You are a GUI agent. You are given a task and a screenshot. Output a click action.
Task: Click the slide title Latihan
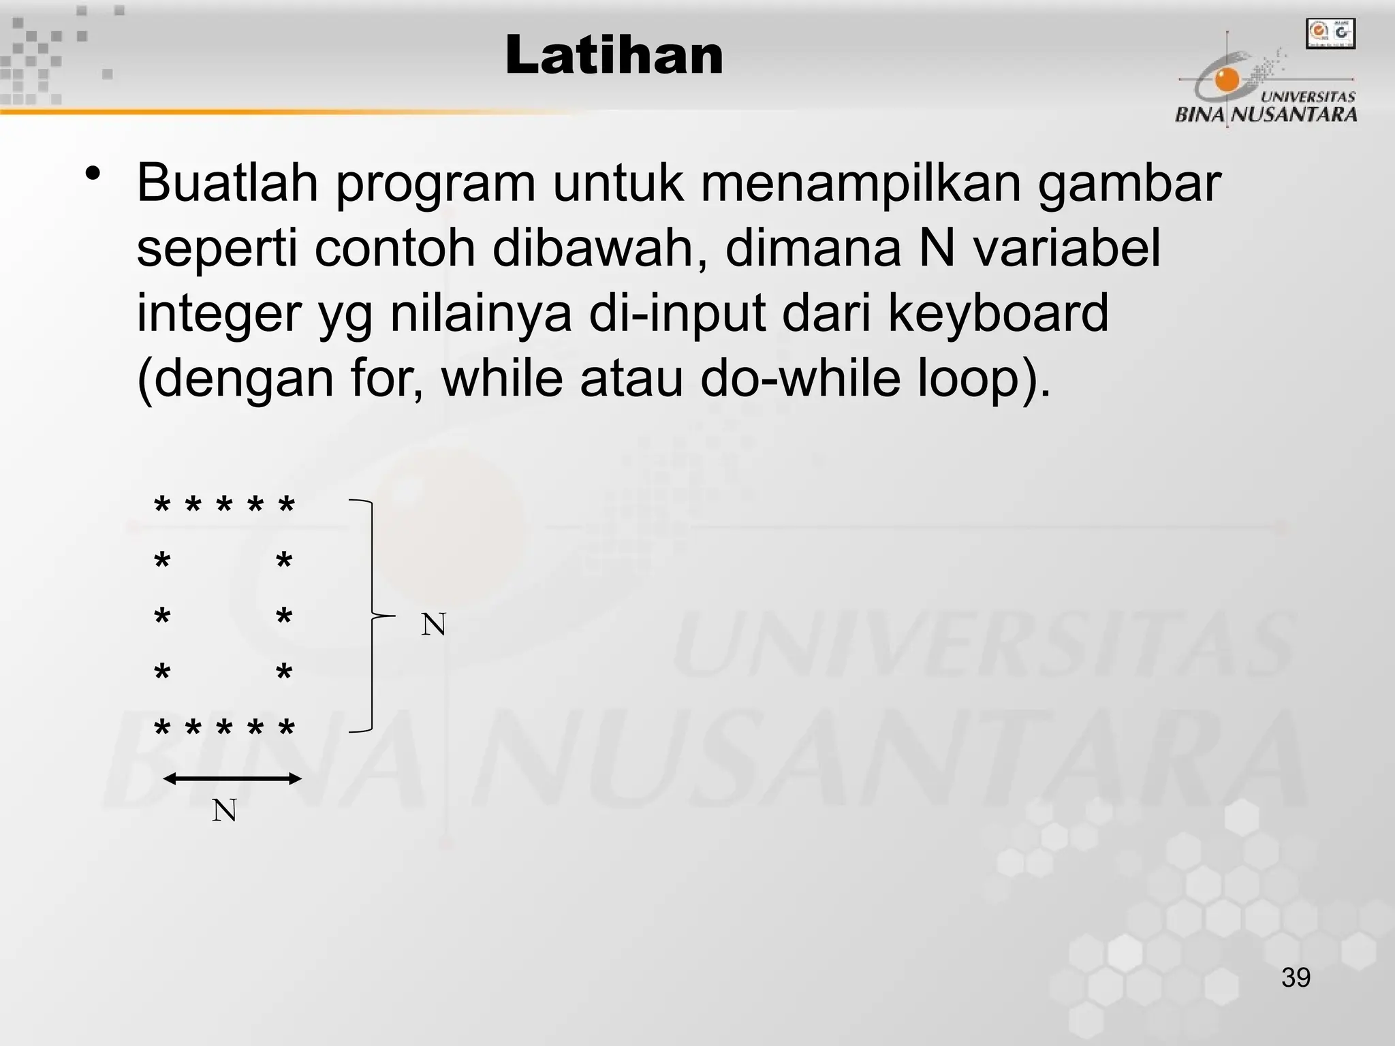tap(614, 56)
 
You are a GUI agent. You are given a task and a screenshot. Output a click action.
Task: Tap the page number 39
tap(1296, 977)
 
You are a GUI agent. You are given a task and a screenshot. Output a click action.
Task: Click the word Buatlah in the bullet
tap(228, 183)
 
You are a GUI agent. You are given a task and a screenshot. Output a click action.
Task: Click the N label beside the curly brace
tap(433, 624)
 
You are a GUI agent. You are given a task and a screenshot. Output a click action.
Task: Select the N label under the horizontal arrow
tap(224, 810)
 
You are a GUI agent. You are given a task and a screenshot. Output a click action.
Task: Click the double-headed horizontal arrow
tap(232, 779)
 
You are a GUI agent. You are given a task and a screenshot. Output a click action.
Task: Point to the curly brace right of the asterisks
tap(371, 616)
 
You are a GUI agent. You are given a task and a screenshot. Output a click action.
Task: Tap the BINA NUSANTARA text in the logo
tap(1266, 114)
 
